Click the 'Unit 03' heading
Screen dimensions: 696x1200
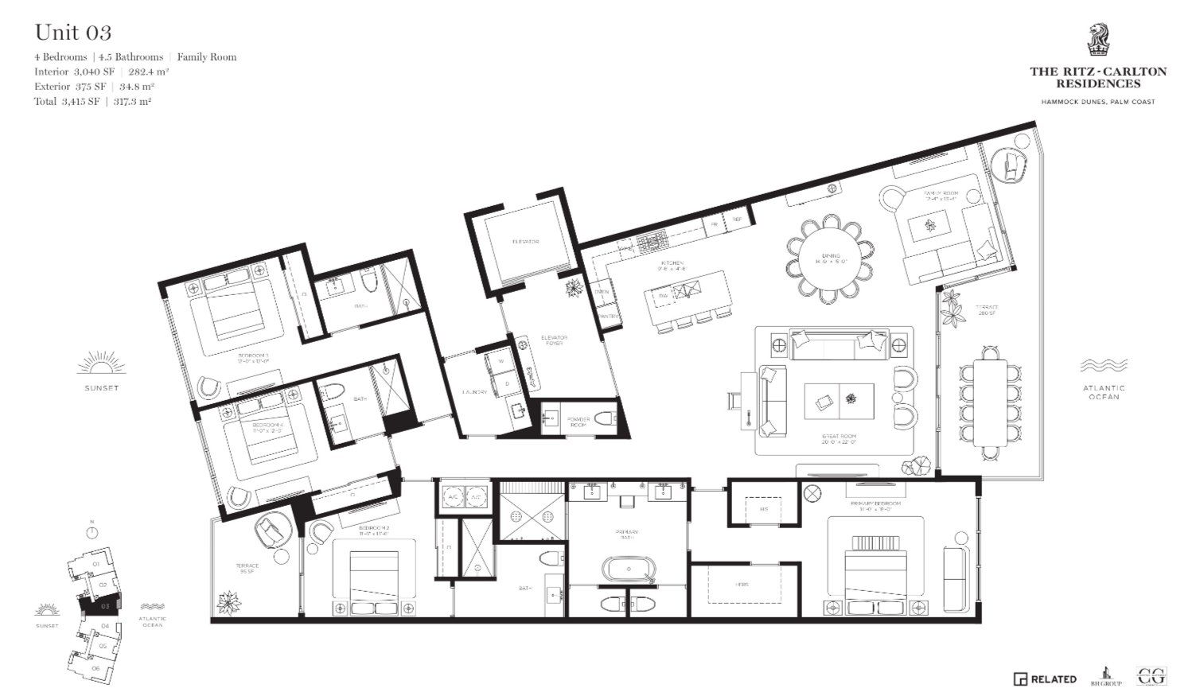(x=72, y=33)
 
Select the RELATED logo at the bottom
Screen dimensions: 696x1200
(x=1045, y=679)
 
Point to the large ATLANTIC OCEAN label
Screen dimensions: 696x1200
(x=1103, y=391)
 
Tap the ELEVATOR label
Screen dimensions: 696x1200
(x=525, y=242)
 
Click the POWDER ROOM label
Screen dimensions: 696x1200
(x=578, y=422)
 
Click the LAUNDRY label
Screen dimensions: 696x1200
(x=474, y=392)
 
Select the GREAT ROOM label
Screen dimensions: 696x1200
(x=840, y=438)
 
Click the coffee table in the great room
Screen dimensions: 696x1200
(x=839, y=400)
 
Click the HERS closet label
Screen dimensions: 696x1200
(x=742, y=585)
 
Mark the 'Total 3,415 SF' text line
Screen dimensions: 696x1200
(x=93, y=102)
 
